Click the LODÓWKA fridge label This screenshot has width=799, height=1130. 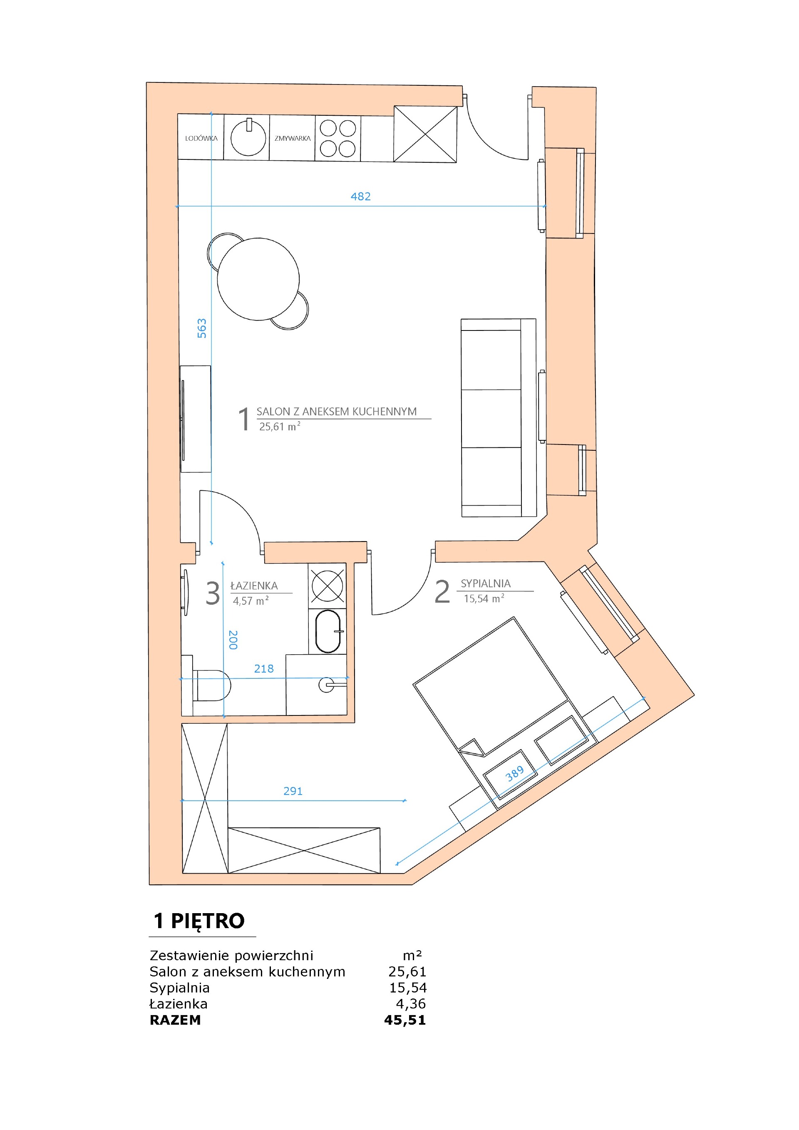coord(201,138)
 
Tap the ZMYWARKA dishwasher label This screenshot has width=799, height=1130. coord(292,138)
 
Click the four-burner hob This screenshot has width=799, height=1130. coord(337,138)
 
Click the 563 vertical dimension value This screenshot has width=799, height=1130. coord(202,328)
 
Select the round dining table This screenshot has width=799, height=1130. coord(258,279)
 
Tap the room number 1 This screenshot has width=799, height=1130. coord(243,419)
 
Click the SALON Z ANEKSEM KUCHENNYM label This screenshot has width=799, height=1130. coord(337,412)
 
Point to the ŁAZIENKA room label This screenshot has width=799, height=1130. coord(254,586)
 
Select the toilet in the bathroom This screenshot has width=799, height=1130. coord(211,685)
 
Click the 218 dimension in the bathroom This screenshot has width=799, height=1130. coord(264,668)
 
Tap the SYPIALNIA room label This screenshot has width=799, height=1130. coord(485,583)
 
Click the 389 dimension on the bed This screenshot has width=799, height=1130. coord(515,774)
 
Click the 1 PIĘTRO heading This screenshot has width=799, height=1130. coord(199,921)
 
